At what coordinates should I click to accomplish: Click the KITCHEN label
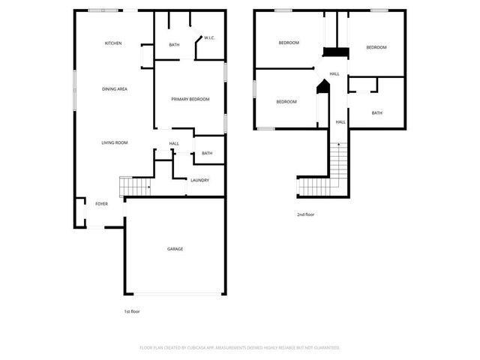113,43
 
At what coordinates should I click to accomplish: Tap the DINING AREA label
115,89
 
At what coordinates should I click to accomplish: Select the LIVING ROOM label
115,142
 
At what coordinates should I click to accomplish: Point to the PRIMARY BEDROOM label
190,99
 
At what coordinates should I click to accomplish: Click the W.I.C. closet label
210,38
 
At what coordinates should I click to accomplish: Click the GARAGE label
175,249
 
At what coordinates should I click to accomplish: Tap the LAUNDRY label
199,180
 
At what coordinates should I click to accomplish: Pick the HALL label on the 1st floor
174,144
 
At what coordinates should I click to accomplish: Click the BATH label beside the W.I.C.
174,45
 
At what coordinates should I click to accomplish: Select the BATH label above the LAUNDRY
207,154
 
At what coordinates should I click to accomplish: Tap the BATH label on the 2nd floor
376,113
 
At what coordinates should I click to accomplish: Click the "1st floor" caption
132,311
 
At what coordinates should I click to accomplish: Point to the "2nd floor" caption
305,215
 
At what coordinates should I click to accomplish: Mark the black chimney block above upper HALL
331,52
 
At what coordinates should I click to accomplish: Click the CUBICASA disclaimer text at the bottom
240,347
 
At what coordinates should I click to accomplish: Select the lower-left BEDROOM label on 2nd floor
286,102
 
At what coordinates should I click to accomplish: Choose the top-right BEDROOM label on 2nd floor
376,47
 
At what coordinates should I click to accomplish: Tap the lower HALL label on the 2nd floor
340,121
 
